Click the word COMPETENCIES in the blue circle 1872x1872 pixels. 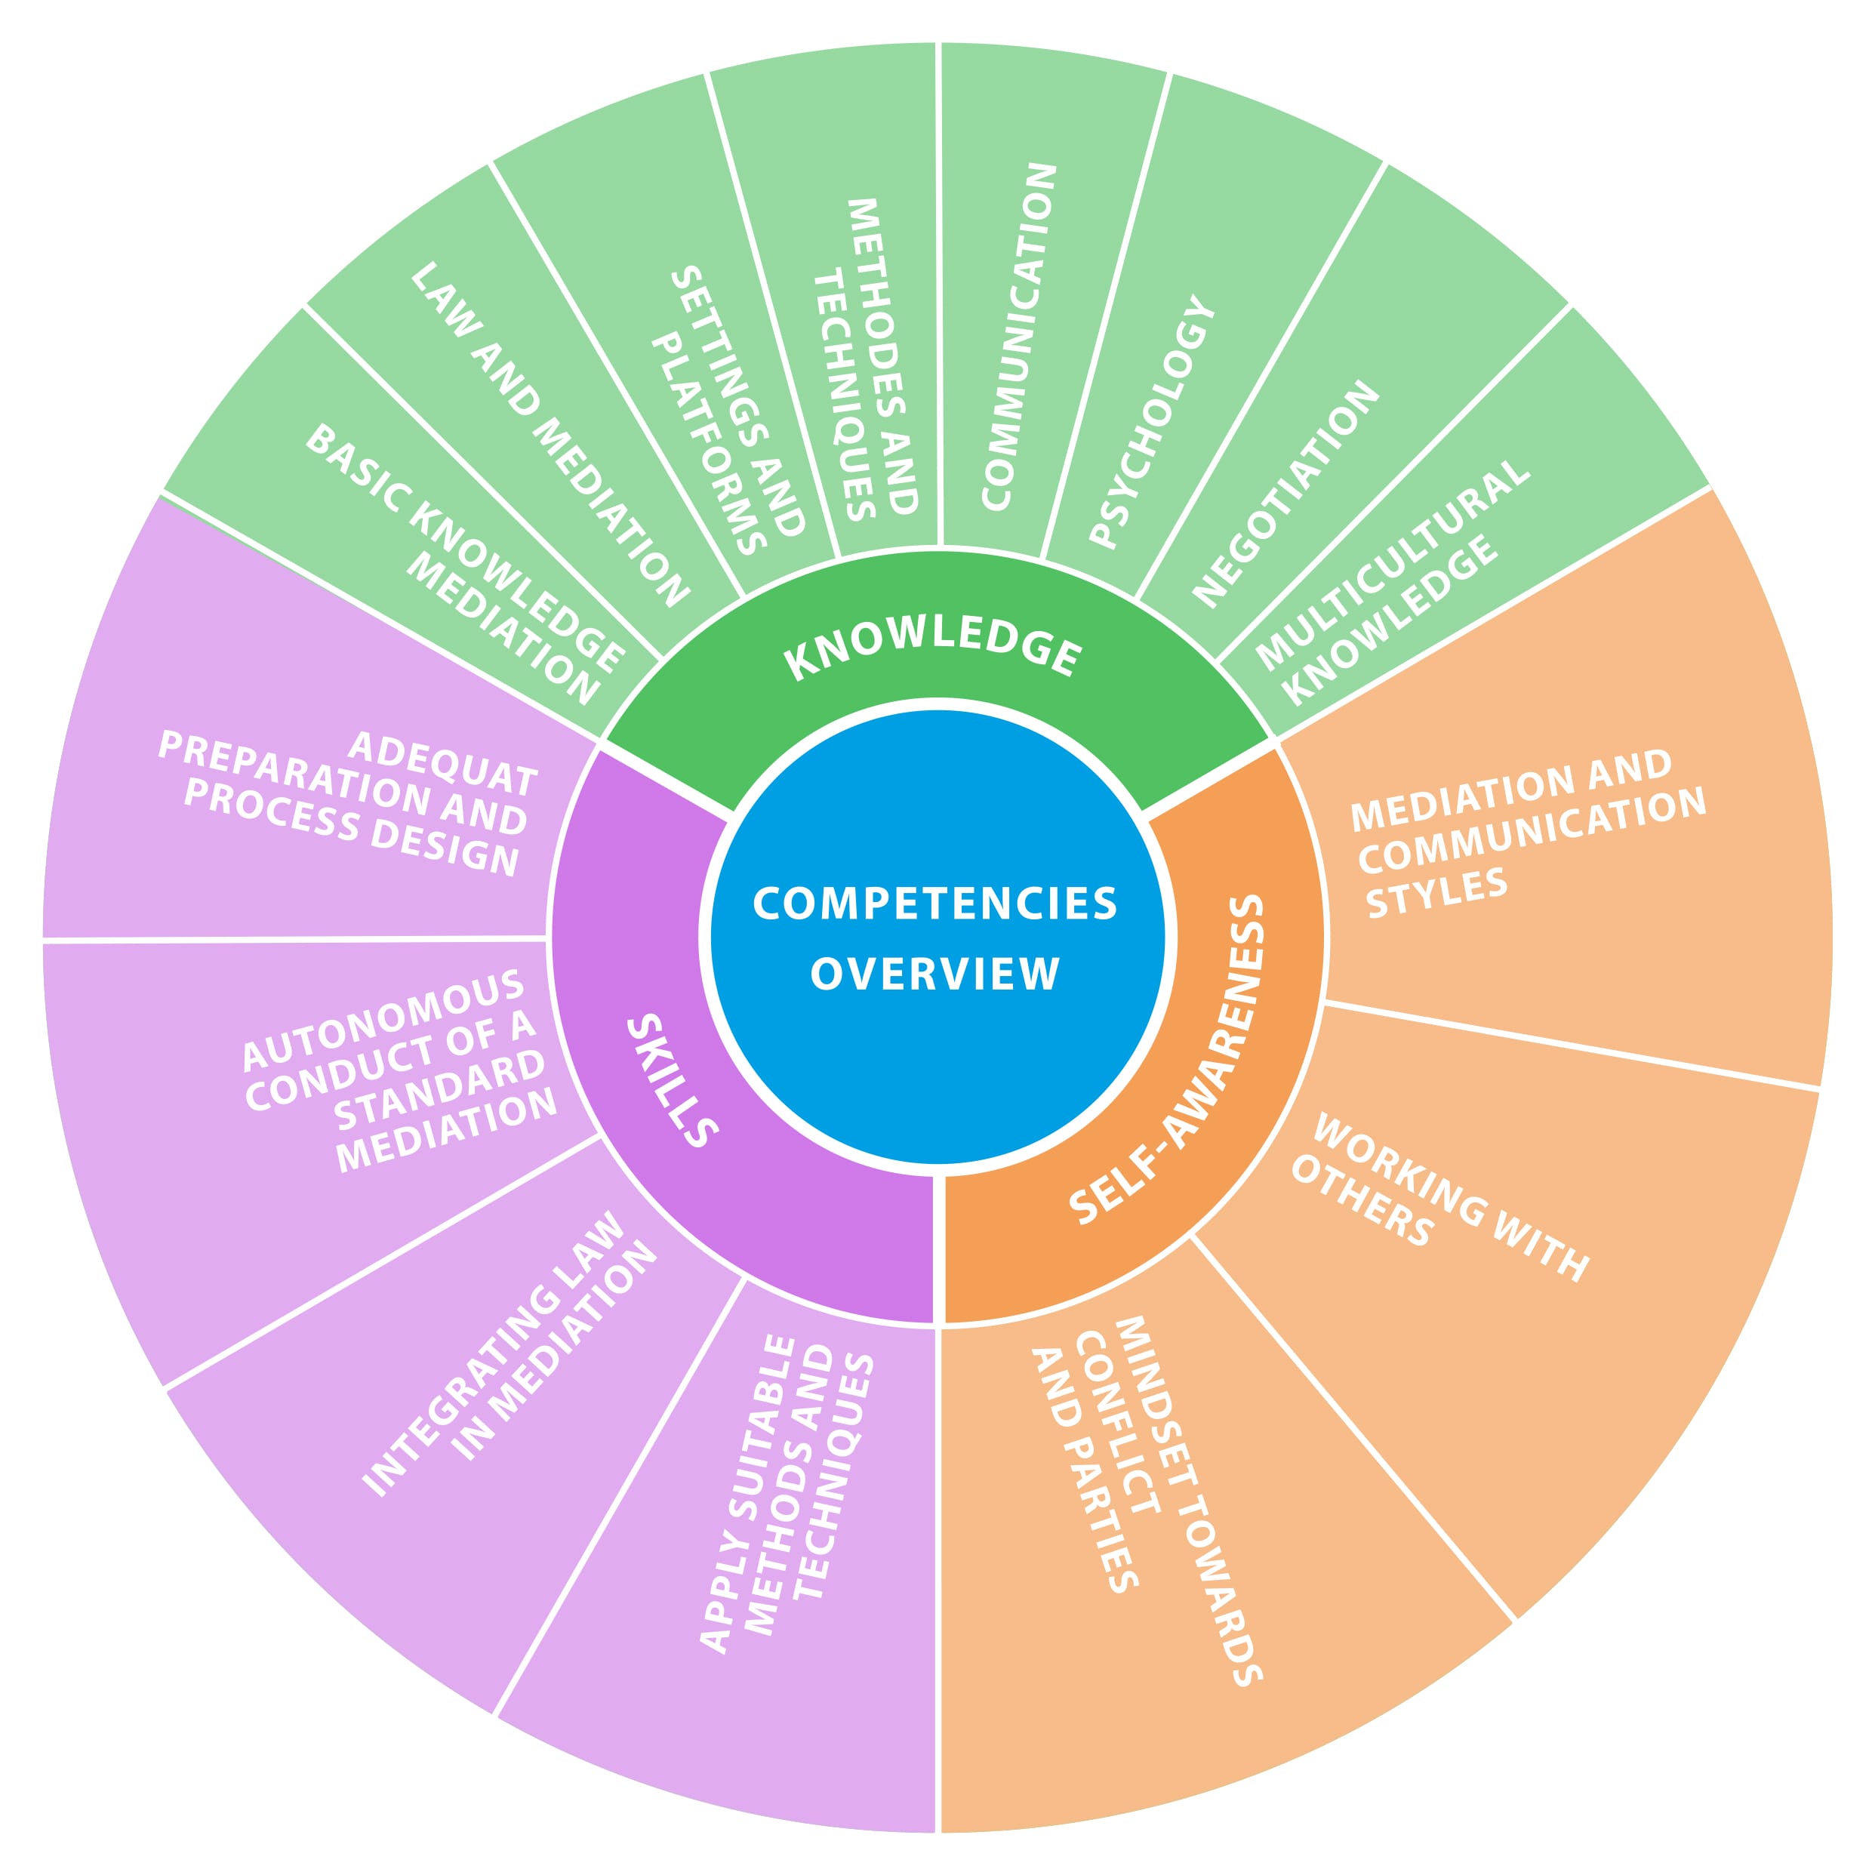(x=935, y=904)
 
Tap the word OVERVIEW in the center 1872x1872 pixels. (x=935, y=974)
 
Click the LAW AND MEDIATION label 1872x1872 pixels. (x=550, y=435)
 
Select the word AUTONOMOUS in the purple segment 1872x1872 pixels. (x=383, y=1022)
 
